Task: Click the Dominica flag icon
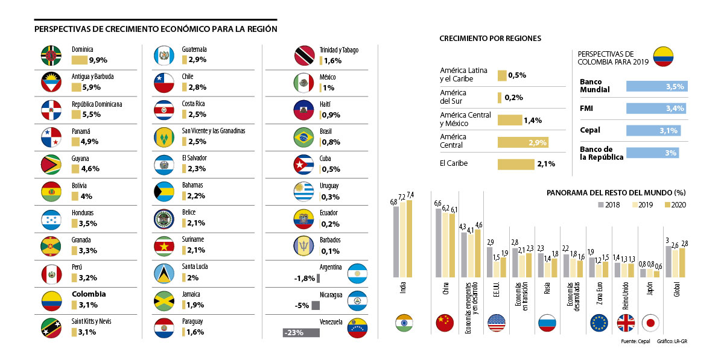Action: tap(51, 55)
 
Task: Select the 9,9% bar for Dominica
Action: tap(79, 60)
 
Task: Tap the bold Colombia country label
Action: tap(89, 294)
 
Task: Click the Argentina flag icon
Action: tap(358, 274)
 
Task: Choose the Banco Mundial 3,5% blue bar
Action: tap(656, 86)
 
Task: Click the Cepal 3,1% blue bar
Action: tap(653, 130)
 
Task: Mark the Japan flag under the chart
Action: tap(650, 323)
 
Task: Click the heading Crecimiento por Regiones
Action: tap(490, 38)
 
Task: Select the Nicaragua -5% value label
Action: tap(303, 305)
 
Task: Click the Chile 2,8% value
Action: tap(197, 87)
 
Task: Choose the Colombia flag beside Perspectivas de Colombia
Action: tap(663, 55)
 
